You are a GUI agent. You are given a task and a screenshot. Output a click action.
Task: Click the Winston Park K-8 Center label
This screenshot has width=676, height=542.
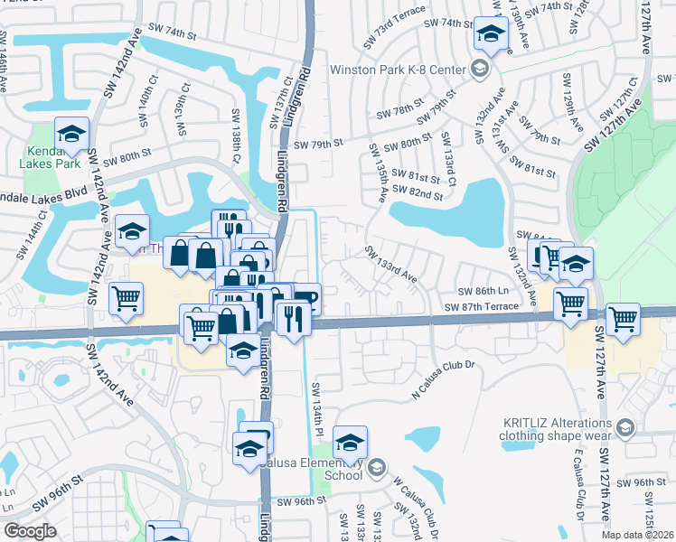[x=397, y=70]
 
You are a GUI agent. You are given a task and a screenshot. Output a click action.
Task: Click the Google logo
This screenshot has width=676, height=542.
[x=30, y=531]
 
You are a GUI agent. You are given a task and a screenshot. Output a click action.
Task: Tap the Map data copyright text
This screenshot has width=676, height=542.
[x=638, y=535]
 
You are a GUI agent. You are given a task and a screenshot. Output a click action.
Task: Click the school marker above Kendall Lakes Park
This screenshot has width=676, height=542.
[x=71, y=135]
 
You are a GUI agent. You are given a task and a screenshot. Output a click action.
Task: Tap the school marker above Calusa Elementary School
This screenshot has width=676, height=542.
[x=350, y=443]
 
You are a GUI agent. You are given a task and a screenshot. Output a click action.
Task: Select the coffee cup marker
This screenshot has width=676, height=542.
[x=306, y=297]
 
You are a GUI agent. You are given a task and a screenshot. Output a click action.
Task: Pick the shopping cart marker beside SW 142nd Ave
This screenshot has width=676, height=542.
[x=127, y=297]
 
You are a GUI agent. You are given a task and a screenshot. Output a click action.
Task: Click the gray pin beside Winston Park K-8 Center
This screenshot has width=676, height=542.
[x=479, y=69]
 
